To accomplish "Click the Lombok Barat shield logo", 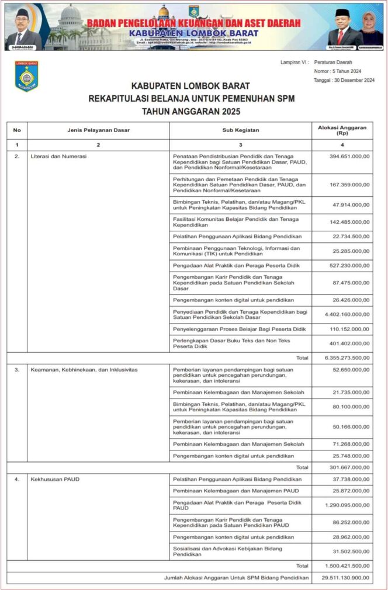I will tap(27, 76).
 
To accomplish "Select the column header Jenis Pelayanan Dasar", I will tap(98, 130).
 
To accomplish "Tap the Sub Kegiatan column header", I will tap(240, 130).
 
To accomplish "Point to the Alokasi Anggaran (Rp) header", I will tap(342, 130).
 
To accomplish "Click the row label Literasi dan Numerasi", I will tap(58, 157).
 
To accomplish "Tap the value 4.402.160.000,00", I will tap(347, 314).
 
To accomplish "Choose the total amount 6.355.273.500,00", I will tap(347, 358).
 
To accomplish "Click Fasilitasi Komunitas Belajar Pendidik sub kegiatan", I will tap(236, 222).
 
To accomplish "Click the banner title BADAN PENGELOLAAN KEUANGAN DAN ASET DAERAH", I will tap(193, 23).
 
